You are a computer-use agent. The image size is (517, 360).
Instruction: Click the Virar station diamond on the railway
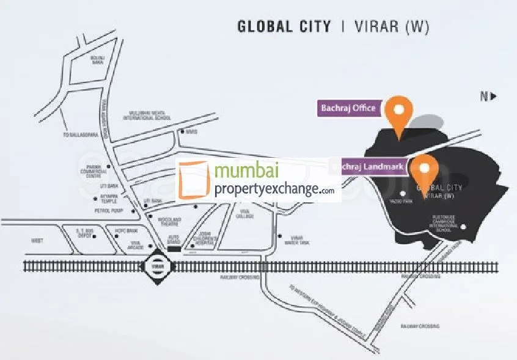tap(153, 266)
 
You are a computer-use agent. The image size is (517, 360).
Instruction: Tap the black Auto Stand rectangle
tap(174, 249)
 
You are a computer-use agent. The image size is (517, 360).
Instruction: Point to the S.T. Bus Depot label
tap(83, 232)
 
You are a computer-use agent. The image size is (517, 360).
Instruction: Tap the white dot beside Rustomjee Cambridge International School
tap(463, 228)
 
